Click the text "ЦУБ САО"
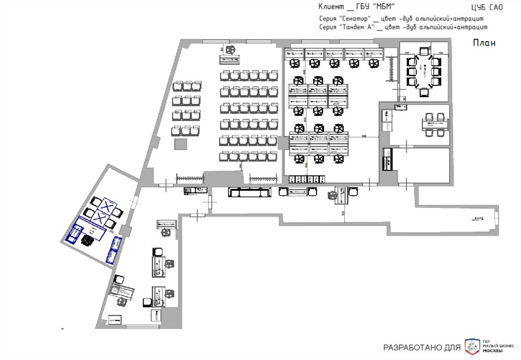(x=487, y=7)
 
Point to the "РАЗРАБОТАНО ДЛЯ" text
(x=421, y=348)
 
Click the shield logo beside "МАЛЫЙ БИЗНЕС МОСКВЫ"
(x=472, y=347)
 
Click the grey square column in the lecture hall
(x=181, y=144)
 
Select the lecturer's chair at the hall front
(x=230, y=49)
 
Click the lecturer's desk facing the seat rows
(x=230, y=59)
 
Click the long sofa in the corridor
(x=249, y=192)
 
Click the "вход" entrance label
(x=479, y=218)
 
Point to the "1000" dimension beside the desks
(x=364, y=136)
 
